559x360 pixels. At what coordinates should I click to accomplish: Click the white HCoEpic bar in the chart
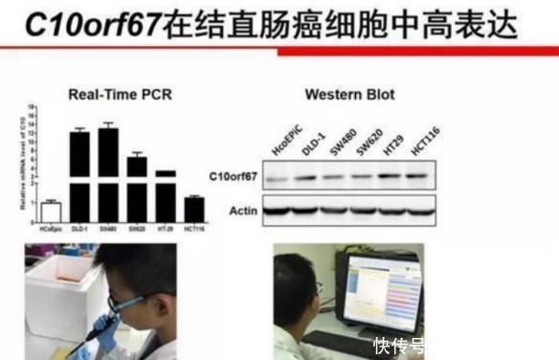(50, 211)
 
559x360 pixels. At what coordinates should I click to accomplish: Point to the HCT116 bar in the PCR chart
(194, 209)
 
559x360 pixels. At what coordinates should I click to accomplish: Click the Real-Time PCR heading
(120, 94)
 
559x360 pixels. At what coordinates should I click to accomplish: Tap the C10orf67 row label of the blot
(232, 177)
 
